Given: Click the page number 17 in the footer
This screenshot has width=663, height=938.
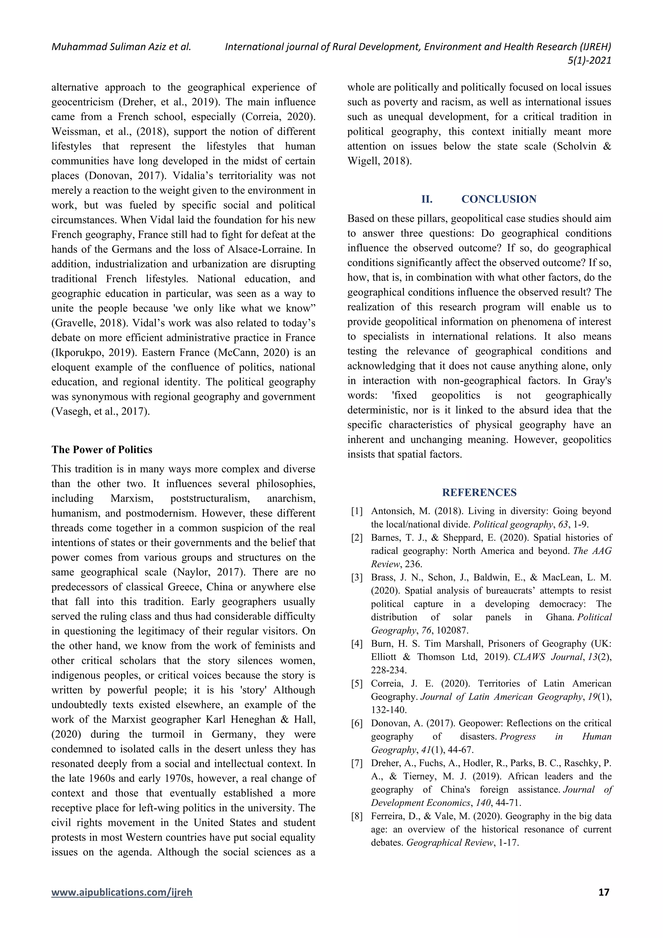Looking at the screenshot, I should tap(603, 904).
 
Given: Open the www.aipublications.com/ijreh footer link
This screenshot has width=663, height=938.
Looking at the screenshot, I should tap(122, 904).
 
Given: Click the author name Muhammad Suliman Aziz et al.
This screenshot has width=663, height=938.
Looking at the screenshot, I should tap(121, 47).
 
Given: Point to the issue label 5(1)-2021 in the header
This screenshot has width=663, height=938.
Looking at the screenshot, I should tap(589, 61).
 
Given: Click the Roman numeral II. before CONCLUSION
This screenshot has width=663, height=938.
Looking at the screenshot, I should tap(427, 199).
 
